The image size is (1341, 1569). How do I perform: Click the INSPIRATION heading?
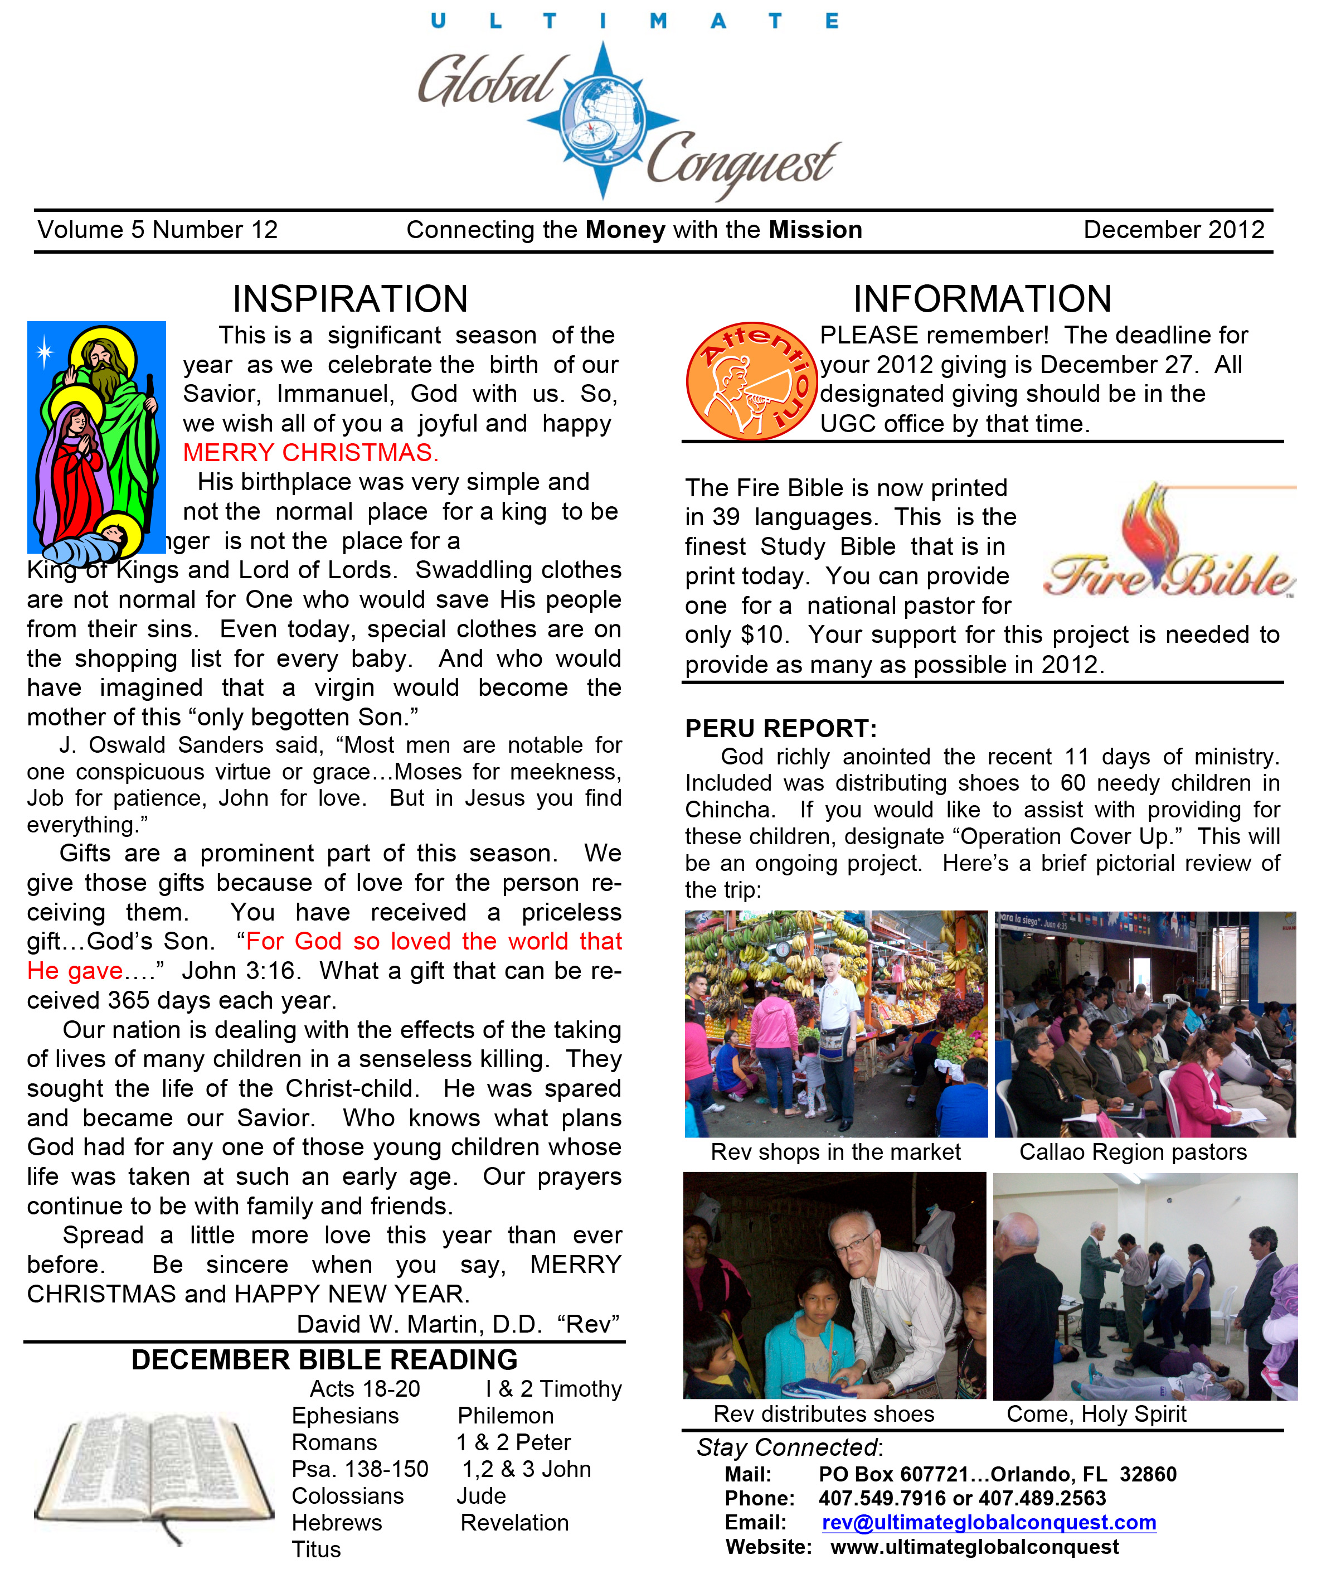(349, 299)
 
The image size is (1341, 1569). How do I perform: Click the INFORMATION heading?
(982, 299)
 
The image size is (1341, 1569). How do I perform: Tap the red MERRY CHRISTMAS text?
(310, 453)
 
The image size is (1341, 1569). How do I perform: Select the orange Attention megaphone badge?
(751, 381)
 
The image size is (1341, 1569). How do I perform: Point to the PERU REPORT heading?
(780, 728)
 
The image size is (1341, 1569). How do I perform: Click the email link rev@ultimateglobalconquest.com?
(988, 1522)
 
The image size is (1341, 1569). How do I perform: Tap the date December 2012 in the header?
(1174, 230)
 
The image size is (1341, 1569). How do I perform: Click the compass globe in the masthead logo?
(603, 120)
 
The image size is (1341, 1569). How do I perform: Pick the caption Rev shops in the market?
(835, 1152)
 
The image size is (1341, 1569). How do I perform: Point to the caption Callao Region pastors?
(1133, 1152)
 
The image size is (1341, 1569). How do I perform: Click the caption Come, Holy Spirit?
(1096, 1414)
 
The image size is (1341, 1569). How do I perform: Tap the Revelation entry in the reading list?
(514, 1522)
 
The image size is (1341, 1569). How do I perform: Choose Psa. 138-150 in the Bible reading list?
(360, 1469)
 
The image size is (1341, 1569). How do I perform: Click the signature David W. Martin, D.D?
(419, 1324)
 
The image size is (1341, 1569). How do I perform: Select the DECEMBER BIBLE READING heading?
(324, 1360)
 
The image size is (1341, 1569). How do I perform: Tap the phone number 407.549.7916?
(881, 1498)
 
